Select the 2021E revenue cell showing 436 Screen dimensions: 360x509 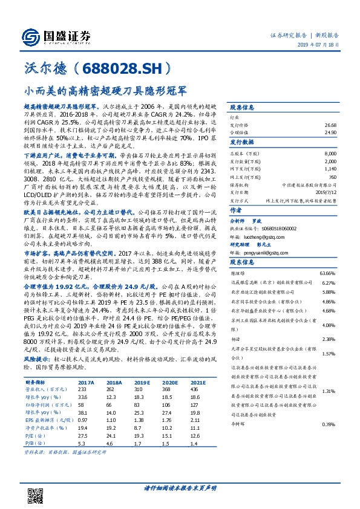195,390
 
